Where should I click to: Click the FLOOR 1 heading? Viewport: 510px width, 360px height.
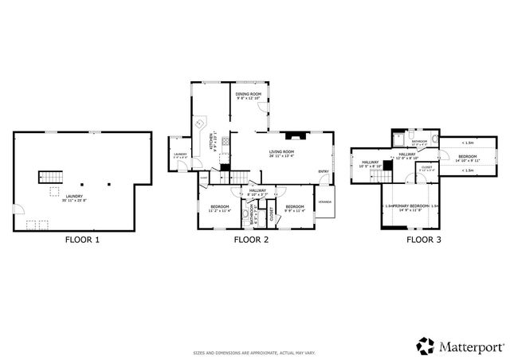click(83, 239)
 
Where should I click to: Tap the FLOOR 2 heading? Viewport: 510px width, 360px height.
click(252, 239)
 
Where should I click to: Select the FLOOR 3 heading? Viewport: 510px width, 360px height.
click(423, 239)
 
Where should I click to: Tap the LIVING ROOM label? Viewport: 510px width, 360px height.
click(282, 153)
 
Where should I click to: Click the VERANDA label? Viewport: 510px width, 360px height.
click(326, 201)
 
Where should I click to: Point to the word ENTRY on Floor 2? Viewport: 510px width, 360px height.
click(324, 171)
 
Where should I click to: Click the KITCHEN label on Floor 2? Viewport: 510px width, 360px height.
click(211, 142)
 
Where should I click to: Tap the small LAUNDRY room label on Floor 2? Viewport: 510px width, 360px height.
click(179, 155)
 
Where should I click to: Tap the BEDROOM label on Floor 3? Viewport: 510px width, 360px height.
click(466, 156)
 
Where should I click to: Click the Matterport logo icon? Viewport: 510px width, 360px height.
click(426, 346)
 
